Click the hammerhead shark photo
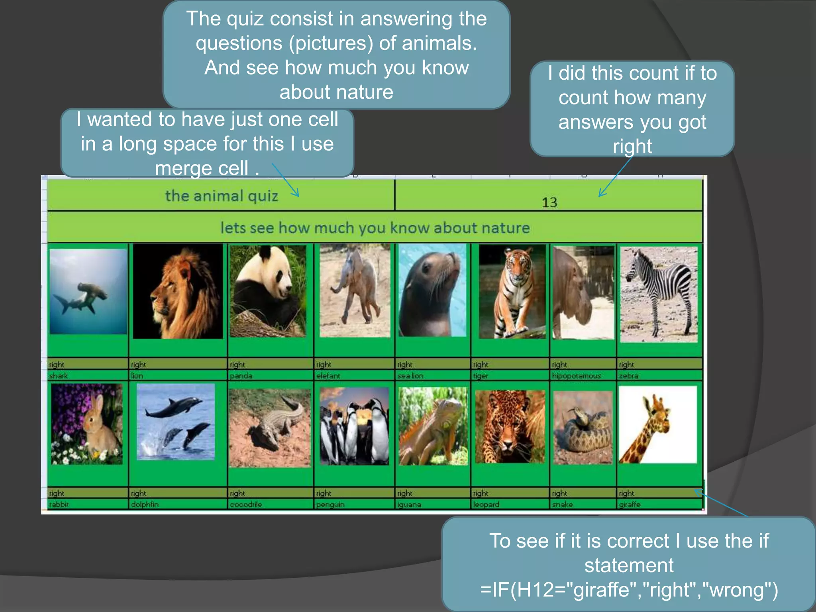88,292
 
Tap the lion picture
178,292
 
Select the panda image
268,291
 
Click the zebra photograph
659,294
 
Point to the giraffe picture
658,424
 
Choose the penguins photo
354,426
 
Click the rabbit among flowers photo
87,424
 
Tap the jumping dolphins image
176,422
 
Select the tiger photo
512,292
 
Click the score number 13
549,202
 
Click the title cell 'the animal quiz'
222,196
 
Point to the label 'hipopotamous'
576,376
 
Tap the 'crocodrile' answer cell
246,504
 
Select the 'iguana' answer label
409,504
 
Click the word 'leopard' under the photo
486,504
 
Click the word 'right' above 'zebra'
626,365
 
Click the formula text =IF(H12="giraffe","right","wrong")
629,590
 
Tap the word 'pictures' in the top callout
331,43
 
